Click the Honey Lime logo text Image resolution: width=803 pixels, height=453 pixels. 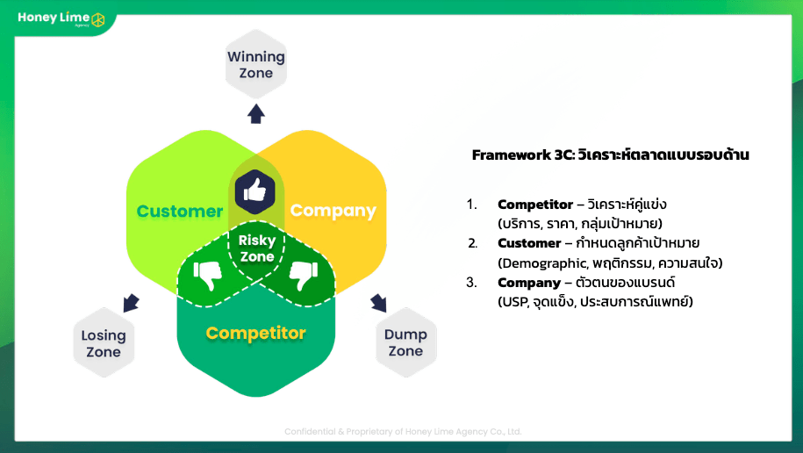[x=51, y=18]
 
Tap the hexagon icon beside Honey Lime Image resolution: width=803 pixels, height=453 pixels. [x=98, y=19]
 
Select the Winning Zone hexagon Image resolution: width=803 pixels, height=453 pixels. [x=256, y=65]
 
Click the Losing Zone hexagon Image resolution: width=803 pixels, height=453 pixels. [x=104, y=343]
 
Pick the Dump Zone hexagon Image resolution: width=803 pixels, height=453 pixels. [x=405, y=342]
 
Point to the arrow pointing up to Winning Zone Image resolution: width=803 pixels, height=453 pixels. [x=256, y=113]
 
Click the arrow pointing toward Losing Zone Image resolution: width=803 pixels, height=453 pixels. [x=131, y=303]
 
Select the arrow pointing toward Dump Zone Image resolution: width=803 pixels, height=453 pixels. [x=378, y=303]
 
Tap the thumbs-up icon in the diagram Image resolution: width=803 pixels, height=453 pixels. [x=255, y=189]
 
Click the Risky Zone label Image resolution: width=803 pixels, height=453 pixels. [x=257, y=248]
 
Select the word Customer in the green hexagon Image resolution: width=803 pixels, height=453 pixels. [x=180, y=212]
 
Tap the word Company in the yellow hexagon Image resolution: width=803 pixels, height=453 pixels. [x=333, y=211]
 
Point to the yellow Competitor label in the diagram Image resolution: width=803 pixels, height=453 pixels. [x=255, y=333]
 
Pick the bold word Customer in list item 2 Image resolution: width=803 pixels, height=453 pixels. [x=529, y=243]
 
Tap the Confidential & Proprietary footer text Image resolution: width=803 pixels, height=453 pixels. [x=403, y=431]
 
